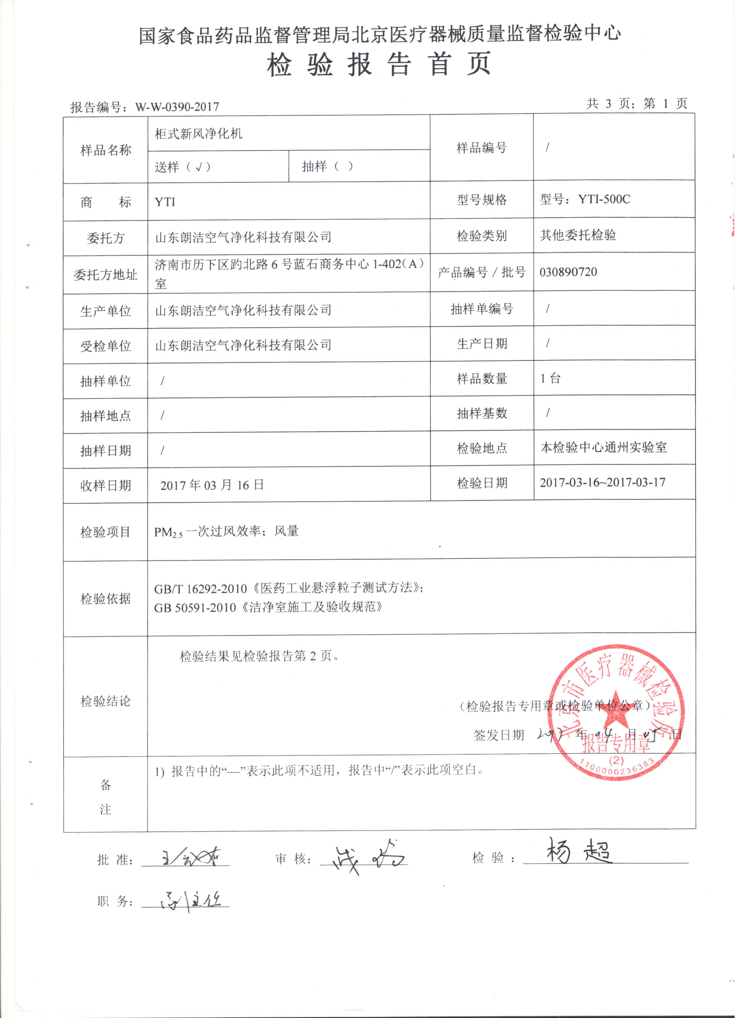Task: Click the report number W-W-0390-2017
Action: coord(177,107)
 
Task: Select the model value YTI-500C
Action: coord(604,199)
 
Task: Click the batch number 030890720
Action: coord(568,272)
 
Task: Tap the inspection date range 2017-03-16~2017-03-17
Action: coord(602,483)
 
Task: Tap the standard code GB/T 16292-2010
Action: coord(200,589)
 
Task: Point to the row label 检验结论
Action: coord(105,701)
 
